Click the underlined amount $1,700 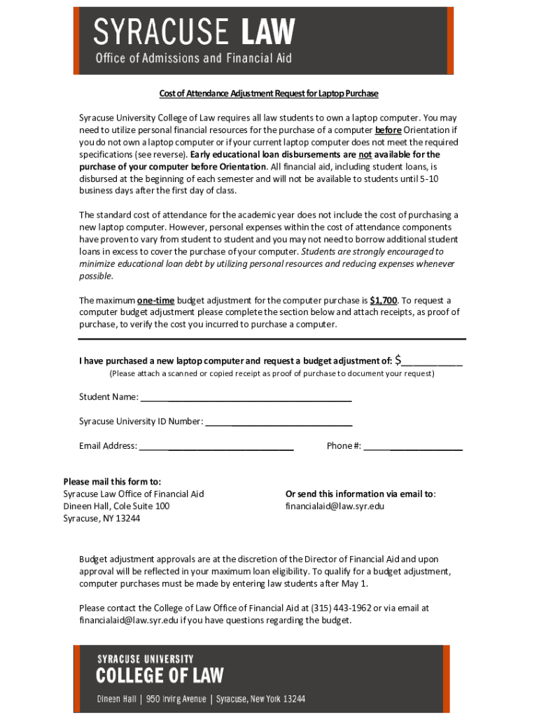tap(383, 300)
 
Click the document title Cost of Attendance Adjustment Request tap(269, 94)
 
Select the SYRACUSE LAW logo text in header tap(195, 32)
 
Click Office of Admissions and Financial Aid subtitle tap(193, 58)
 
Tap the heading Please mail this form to tap(112, 481)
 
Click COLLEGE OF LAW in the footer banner tap(160, 676)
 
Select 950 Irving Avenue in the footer tap(176, 699)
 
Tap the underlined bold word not tap(365, 155)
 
